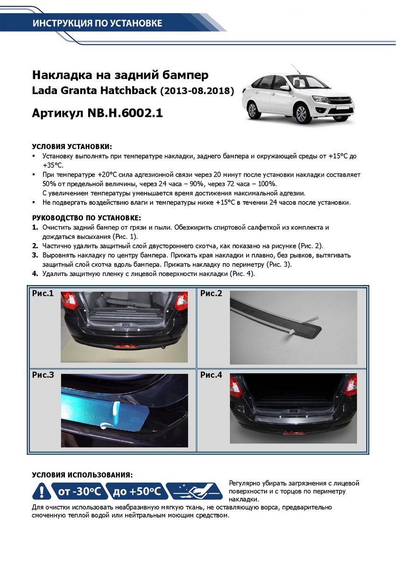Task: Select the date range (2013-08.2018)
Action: point(197,91)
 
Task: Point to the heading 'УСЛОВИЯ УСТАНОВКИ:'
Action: point(72,146)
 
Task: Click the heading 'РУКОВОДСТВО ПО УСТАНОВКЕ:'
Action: point(86,218)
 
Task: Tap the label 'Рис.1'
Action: point(43,294)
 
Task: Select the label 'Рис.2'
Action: point(211,294)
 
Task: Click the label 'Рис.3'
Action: point(43,375)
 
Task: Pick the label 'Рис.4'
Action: point(211,375)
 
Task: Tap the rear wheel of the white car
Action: point(253,110)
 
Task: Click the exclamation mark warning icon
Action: point(42,491)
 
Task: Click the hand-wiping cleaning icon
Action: point(194,491)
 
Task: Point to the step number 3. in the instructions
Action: point(35,256)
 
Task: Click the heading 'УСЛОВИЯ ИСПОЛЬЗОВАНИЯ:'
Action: point(82,475)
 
